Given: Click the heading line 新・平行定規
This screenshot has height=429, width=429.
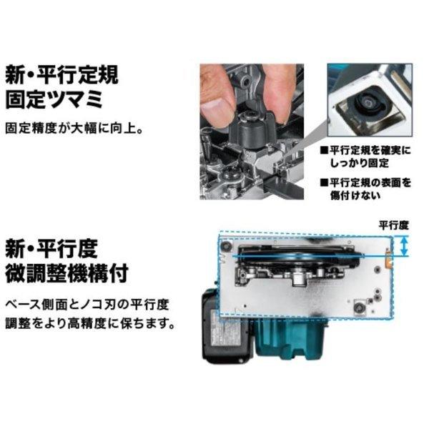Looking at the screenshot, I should [61, 74].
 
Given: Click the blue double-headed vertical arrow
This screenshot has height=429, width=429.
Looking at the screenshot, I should [405, 247].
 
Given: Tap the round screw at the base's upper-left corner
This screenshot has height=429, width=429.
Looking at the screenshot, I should [226, 245].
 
